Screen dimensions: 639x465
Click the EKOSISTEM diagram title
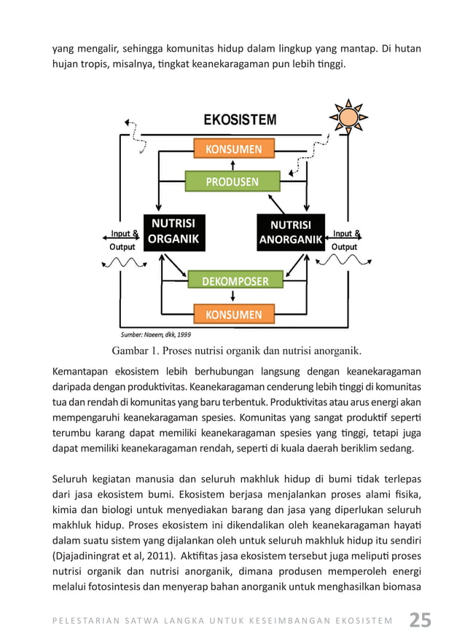click(x=239, y=119)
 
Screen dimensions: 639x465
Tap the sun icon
click(x=350, y=117)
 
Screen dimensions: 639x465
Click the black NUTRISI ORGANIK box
click(x=173, y=232)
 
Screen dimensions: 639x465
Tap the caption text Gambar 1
click(x=138, y=348)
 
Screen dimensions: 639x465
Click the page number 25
click(x=420, y=620)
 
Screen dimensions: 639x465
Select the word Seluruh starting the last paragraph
click(x=71, y=479)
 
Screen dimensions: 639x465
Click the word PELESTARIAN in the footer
click(x=86, y=622)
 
